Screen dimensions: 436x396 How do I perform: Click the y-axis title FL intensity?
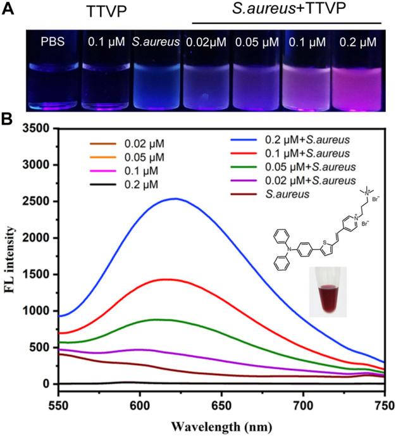point(11,256)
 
